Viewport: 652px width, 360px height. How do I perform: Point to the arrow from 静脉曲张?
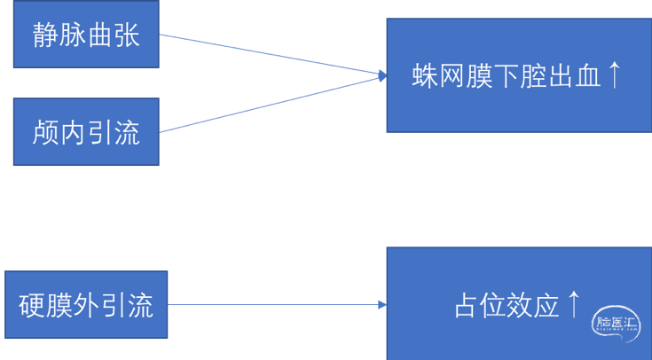[266, 55]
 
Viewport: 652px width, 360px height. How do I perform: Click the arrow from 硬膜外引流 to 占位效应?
[275, 305]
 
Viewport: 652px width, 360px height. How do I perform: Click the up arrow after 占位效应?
[574, 304]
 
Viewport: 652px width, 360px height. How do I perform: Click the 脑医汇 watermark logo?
[616, 323]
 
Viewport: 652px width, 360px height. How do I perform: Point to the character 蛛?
[423, 76]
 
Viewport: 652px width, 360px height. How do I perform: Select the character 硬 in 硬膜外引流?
[32, 306]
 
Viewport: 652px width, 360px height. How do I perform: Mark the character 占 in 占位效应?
[467, 306]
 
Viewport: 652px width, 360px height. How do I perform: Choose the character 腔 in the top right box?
[530, 76]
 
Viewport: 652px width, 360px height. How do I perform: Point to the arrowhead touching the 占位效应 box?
[381, 305]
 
